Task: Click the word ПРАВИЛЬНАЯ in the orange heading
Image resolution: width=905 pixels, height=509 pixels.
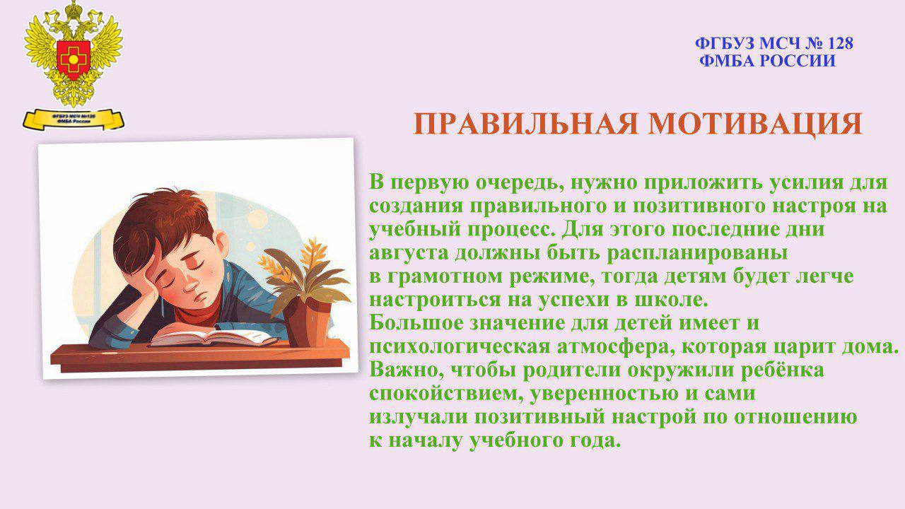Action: (x=525, y=124)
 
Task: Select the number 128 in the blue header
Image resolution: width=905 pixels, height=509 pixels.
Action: (x=839, y=44)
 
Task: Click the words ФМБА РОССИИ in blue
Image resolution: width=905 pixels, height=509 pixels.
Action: (x=767, y=61)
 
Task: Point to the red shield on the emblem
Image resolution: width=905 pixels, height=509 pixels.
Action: (x=73, y=59)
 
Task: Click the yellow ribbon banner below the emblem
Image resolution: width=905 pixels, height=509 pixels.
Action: (x=74, y=119)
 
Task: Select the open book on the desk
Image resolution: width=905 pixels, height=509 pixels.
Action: (x=214, y=338)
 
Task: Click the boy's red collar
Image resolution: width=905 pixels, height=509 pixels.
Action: (x=198, y=312)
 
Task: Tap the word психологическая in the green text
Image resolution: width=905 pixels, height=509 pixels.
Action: (x=460, y=346)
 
